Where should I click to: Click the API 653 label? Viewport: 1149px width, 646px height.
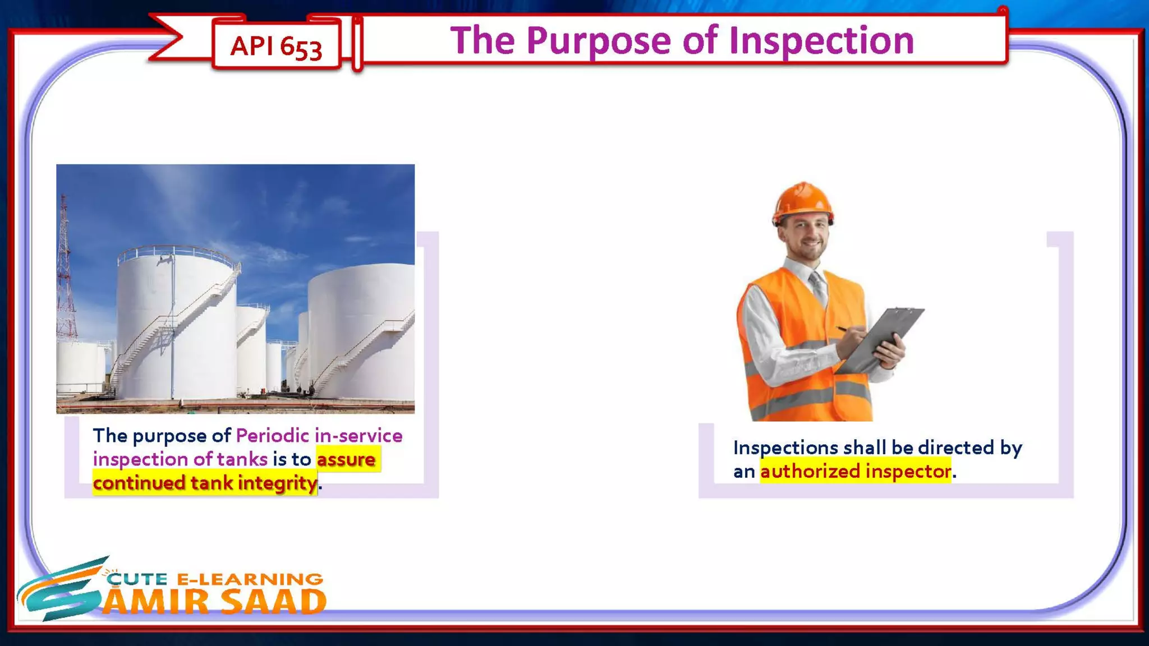[276, 46]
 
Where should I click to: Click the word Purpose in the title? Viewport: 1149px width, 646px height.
[599, 40]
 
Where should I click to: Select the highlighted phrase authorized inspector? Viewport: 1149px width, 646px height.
[855, 471]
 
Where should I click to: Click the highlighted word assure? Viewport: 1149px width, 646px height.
[346, 459]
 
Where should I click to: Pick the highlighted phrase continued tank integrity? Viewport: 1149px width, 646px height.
[205, 483]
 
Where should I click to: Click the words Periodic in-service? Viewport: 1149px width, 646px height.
[319, 436]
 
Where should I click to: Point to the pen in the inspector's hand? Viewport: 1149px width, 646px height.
[843, 329]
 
